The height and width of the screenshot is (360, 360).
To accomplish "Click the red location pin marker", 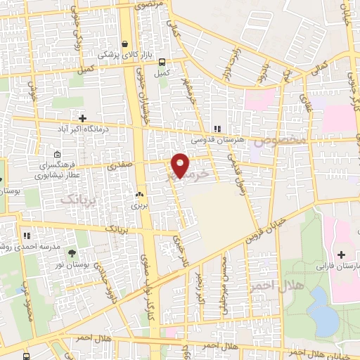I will click(x=181, y=165).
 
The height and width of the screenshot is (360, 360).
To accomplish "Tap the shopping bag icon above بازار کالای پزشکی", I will click(x=125, y=43).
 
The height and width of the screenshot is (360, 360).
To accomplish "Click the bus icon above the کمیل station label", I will click(x=162, y=61).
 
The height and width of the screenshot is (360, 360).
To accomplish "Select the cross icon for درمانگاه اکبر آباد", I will click(x=83, y=117).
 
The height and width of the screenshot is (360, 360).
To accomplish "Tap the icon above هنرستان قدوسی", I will click(x=217, y=129).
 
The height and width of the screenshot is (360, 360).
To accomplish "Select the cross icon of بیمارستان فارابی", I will click(x=342, y=254).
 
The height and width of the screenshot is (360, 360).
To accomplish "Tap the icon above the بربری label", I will click(x=139, y=194).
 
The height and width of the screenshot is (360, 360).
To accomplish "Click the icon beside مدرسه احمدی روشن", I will click(x=27, y=236).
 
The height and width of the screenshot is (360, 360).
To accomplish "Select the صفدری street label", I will click(x=119, y=166).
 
